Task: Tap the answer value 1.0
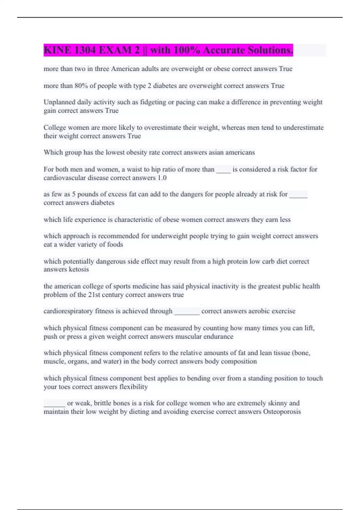(162, 178)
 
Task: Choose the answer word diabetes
(102, 203)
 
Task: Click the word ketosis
(79, 269)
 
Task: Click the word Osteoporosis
(282, 412)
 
